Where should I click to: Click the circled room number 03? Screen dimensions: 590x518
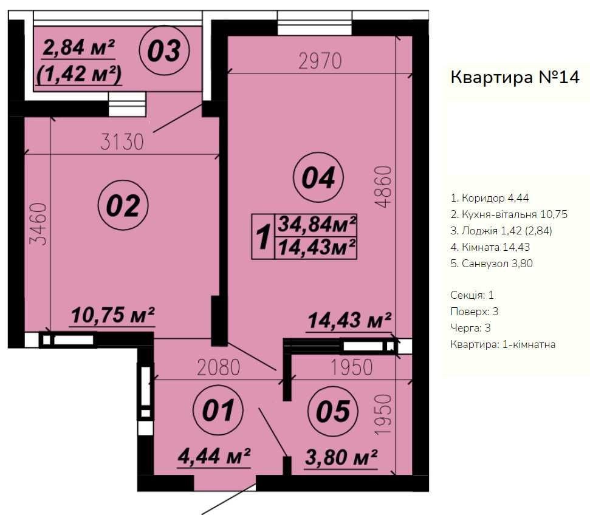(x=164, y=50)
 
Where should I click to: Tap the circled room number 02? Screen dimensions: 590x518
(x=123, y=205)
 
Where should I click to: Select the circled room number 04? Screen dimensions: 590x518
(x=318, y=177)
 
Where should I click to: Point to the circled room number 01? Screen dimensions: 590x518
(x=218, y=410)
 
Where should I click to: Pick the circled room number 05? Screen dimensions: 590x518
(x=333, y=411)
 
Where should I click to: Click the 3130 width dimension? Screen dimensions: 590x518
(x=122, y=142)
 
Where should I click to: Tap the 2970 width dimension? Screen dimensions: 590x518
(x=320, y=61)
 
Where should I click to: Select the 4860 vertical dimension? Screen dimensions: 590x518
(x=383, y=187)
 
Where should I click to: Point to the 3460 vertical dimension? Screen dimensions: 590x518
(x=39, y=224)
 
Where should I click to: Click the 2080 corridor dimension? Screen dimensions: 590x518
(x=219, y=367)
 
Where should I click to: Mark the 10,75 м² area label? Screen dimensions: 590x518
(x=113, y=315)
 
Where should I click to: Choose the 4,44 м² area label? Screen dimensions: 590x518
(x=214, y=457)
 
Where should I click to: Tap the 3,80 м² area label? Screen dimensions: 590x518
(x=341, y=457)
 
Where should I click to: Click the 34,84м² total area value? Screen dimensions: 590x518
(x=317, y=224)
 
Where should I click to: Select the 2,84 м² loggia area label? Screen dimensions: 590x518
(x=78, y=48)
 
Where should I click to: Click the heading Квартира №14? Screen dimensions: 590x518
(x=515, y=78)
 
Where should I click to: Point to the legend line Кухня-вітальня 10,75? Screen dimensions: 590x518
(x=509, y=214)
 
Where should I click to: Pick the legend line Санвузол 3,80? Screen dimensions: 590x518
(x=492, y=264)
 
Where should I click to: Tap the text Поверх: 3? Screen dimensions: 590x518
(x=475, y=312)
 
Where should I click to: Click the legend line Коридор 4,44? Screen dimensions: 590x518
(x=490, y=198)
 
